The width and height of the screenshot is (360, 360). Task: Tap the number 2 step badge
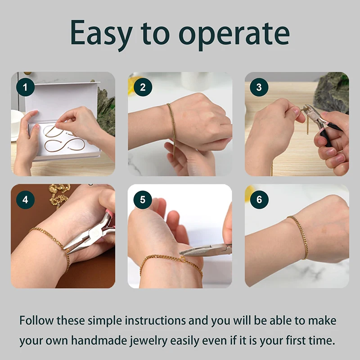click(143, 87)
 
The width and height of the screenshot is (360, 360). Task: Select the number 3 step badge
click(259, 87)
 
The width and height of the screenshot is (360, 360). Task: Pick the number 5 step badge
click(143, 199)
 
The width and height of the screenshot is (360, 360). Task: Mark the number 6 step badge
click(259, 199)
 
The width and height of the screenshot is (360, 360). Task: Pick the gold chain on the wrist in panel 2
click(171, 121)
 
